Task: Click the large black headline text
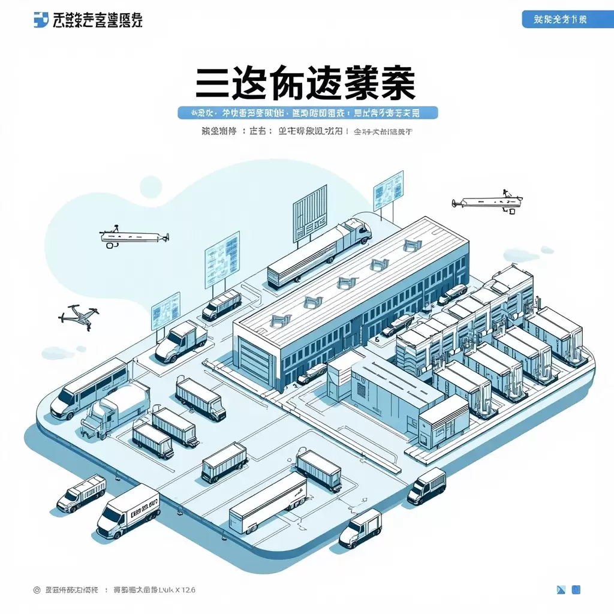point(306,84)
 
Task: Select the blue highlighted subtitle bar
point(308,112)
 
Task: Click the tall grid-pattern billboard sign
point(310,213)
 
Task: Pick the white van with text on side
point(130,511)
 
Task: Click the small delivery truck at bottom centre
point(360,528)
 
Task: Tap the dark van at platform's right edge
point(427,486)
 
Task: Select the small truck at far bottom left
point(82,493)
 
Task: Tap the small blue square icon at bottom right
point(576,590)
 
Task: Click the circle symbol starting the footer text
point(37,590)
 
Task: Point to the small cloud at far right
point(547,249)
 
